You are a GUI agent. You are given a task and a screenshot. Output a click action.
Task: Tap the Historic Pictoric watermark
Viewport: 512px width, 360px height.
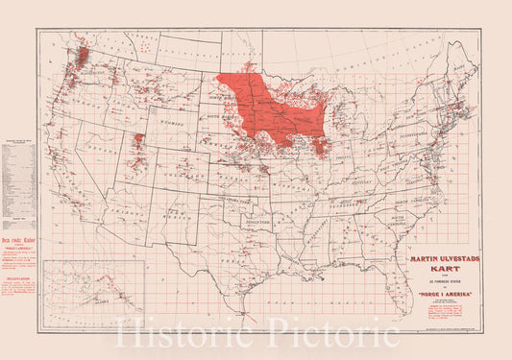click(x=256, y=333)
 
